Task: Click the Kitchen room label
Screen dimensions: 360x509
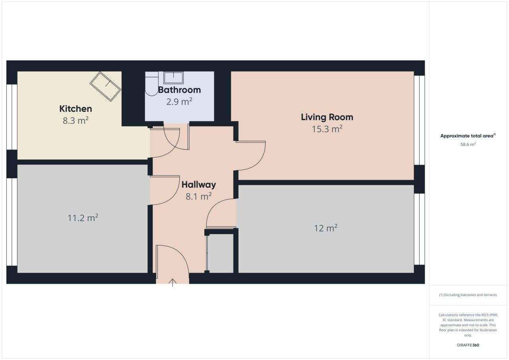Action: pyautogui.click(x=76, y=109)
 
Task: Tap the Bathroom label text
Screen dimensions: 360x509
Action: pyautogui.click(x=179, y=90)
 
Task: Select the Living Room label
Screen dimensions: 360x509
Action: pyautogui.click(x=327, y=117)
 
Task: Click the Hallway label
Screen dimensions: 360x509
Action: pyautogui.click(x=198, y=185)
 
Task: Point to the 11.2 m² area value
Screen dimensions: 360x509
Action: pyautogui.click(x=83, y=218)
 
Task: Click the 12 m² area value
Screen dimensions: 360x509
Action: pyautogui.click(x=325, y=228)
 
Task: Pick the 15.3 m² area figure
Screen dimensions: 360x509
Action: pyautogui.click(x=327, y=129)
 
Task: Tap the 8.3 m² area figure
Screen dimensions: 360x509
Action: pyautogui.click(x=76, y=121)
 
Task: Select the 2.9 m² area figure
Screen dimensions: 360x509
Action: pyautogui.click(x=179, y=101)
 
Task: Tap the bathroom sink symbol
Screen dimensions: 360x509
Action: pyautogui.click(x=173, y=78)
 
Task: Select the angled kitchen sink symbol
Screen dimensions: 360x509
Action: pyautogui.click(x=105, y=87)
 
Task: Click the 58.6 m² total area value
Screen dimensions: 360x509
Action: pyautogui.click(x=468, y=144)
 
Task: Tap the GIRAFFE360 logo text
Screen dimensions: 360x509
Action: pyautogui.click(x=468, y=345)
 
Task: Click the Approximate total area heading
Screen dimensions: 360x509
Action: pyautogui.click(x=468, y=136)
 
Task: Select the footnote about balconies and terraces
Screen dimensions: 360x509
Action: pyautogui.click(x=468, y=295)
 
